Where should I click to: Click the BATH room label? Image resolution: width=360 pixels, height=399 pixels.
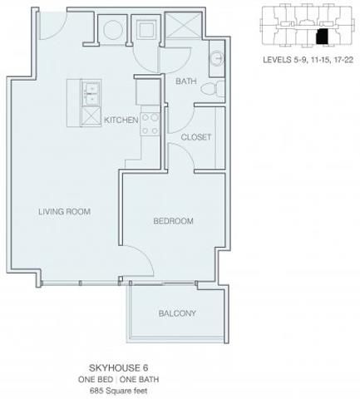coord(186,81)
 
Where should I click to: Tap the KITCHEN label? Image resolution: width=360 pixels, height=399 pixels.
coord(121,120)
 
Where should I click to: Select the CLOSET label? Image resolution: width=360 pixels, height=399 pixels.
coord(196,137)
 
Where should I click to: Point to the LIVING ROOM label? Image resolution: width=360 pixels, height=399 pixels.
coord(64,212)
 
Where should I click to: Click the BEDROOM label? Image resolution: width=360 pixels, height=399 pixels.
coord(173,221)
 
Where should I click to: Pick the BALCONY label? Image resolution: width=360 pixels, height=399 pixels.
coord(177,313)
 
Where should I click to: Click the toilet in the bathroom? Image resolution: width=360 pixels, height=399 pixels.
coord(213,89)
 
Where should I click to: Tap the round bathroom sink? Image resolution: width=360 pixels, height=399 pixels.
coord(217,58)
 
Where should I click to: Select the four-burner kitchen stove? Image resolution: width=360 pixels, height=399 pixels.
coord(150,125)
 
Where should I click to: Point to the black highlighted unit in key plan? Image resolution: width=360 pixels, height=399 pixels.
coord(322,37)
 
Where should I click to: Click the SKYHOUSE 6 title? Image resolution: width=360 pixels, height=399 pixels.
coord(118,368)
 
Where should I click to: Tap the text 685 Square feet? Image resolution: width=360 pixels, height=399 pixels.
coord(119,391)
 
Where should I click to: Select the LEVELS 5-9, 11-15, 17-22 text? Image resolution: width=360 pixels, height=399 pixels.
coord(308,60)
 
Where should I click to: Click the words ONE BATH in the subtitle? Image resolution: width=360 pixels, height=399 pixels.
coord(139,379)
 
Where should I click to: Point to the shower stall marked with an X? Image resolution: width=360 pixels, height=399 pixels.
coord(183,25)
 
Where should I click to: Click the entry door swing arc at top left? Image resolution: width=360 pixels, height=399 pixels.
coord(59,32)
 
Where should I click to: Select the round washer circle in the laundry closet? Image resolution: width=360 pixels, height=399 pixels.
coord(113,29)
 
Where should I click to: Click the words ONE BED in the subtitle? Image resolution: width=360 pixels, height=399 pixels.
coord(96,379)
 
